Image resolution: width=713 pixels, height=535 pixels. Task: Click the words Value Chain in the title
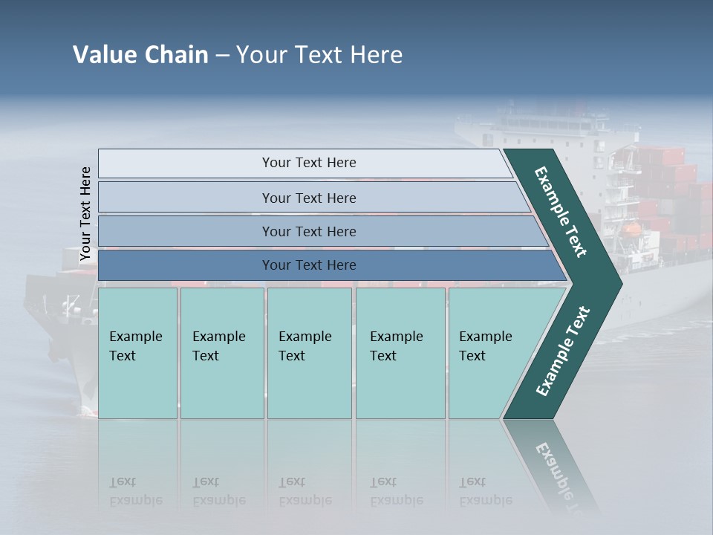pyautogui.click(x=140, y=55)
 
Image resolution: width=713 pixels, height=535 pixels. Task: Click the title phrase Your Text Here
pyautogui.click(x=319, y=55)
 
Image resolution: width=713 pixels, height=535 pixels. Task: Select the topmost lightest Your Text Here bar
pyautogui.click(x=308, y=163)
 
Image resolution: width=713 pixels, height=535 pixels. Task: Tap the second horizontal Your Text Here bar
pyautogui.click(x=308, y=198)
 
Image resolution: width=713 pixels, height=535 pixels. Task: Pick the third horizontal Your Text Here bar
pyautogui.click(x=308, y=231)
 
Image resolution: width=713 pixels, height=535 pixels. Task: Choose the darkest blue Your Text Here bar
pyautogui.click(x=308, y=265)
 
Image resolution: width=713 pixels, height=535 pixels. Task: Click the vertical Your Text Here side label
pyautogui.click(x=85, y=214)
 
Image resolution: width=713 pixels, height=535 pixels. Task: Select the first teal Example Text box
pyautogui.click(x=137, y=353)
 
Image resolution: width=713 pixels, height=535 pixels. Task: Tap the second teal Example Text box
pyautogui.click(x=222, y=353)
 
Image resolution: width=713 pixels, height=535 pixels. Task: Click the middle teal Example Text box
pyautogui.click(x=309, y=353)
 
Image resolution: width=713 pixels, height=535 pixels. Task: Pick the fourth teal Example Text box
pyautogui.click(x=400, y=353)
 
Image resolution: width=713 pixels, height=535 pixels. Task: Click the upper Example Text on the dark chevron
pyautogui.click(x=561, y=211)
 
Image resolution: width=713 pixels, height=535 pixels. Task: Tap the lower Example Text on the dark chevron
pyautogui.click(x=563, y=351)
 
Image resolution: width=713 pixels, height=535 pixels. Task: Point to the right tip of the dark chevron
pyautogui.click(x=619, y=282)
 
